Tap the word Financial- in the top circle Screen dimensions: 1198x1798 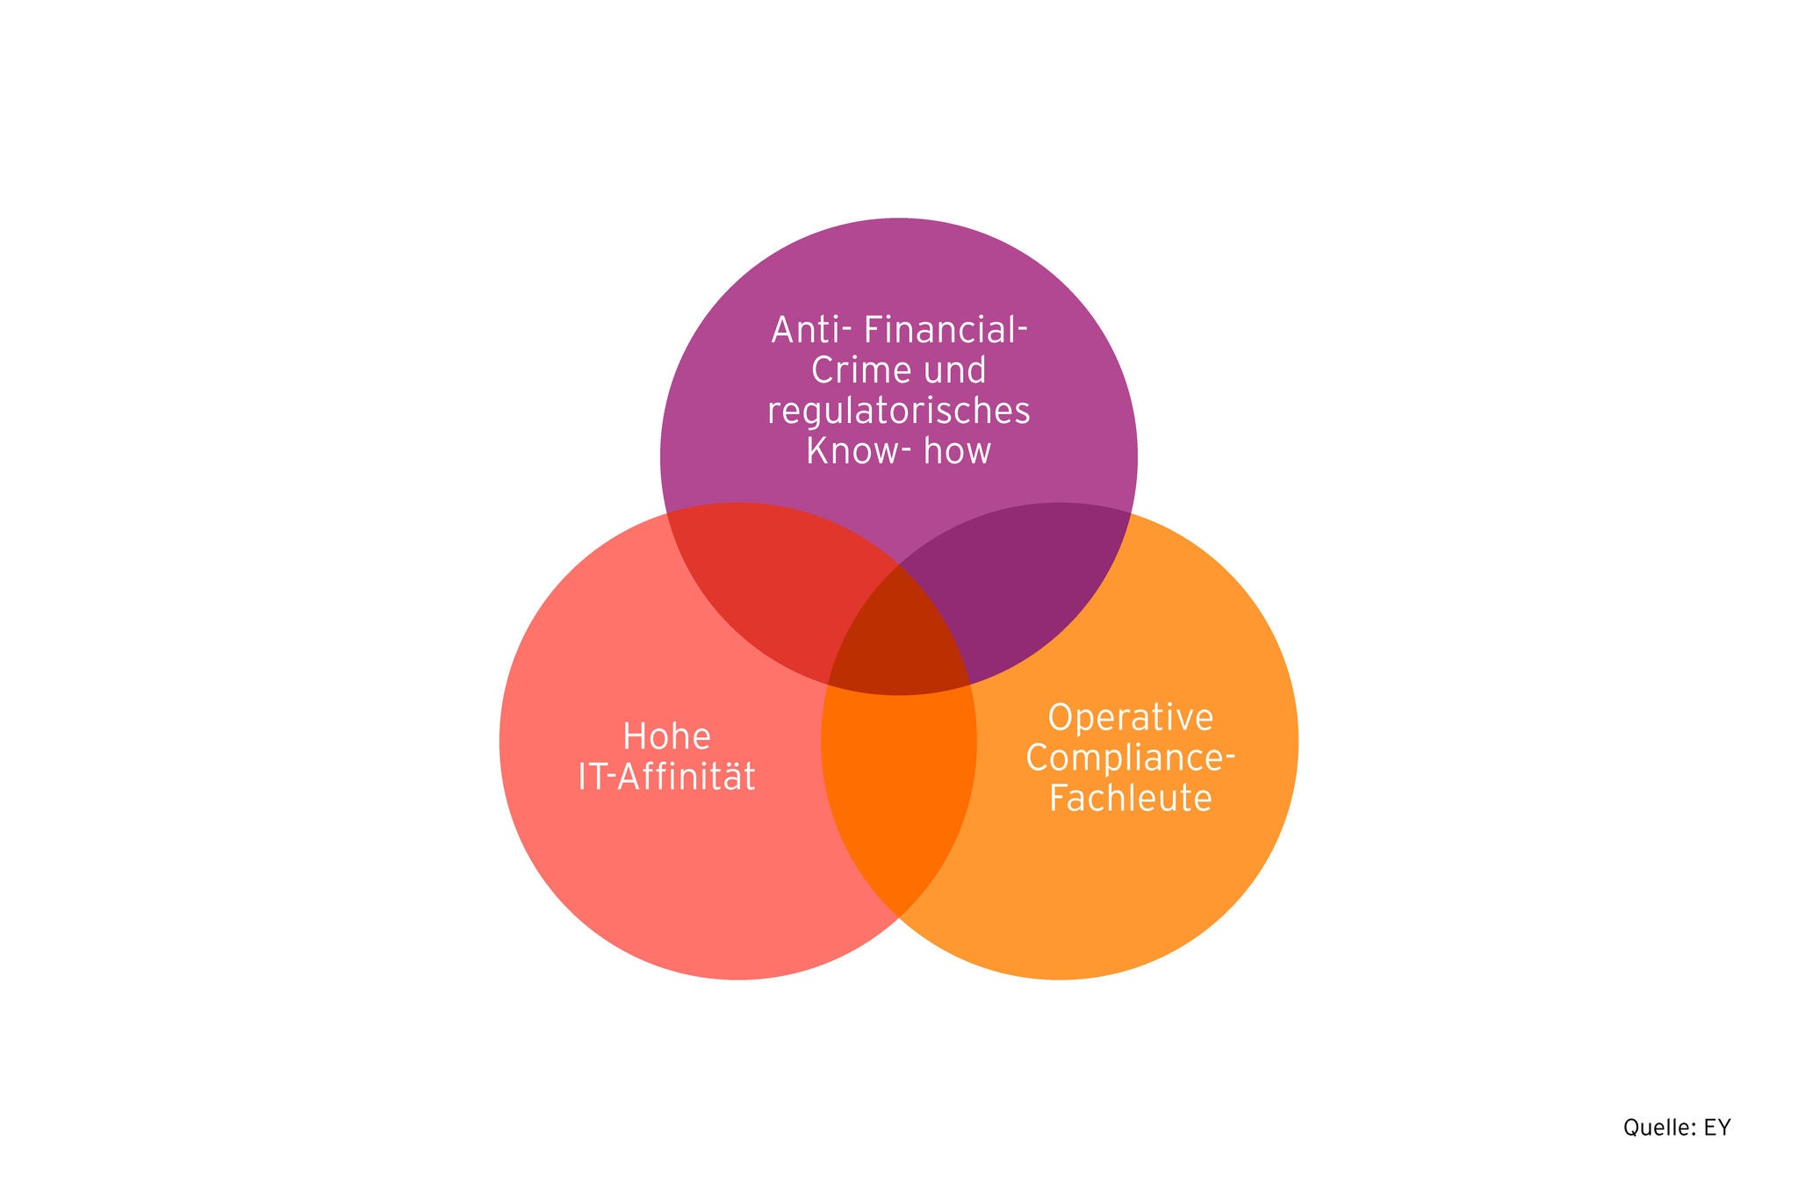tap(946, 331)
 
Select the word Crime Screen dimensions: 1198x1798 tap(849, 370)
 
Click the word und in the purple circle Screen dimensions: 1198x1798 tap(954, 371)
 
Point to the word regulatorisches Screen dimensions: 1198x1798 tap(898, 412)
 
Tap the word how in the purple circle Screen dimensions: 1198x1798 tap(958, 451)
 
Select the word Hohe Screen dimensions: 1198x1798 tap(666, 737)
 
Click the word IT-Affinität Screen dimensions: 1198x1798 tap(666, 778)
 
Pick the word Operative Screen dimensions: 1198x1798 tap(1130, 718)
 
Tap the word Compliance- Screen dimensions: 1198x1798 tap(1130, 758)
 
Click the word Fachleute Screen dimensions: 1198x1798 tap(1130, 799)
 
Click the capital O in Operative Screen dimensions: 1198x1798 tap(1061, 718)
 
